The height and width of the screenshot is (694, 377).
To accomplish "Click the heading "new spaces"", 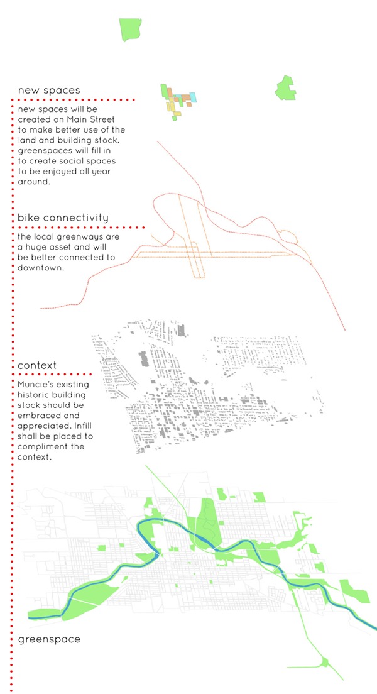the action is pos(49,91).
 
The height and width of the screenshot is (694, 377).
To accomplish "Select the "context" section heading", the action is pos(37,366).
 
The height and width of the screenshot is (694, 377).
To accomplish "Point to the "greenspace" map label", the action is pos(49,640).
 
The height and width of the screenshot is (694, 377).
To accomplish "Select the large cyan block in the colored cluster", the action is pos(193,97).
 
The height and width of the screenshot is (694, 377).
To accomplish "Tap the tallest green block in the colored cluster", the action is pos(164,92).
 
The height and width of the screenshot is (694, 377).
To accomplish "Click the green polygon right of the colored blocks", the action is pos(285,87).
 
